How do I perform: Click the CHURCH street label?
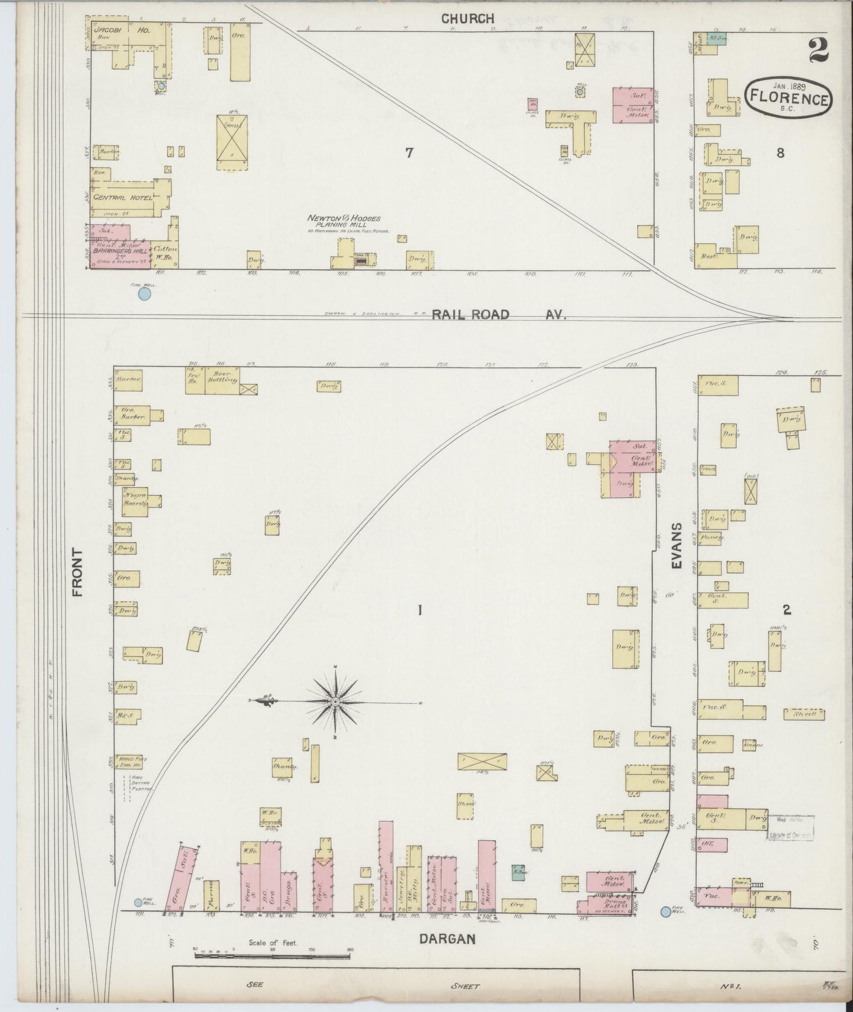(x=468, y=19)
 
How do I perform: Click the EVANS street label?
(x=676, y=546)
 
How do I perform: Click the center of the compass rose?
(x=335, y=701)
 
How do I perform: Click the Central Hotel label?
(x=122, y=198)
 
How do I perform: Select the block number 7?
(x=408, y=153)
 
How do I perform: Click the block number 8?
(x=780, y=153)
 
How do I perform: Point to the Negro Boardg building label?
(x=135, y=497)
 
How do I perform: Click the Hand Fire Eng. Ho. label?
(x=132, y=762)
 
